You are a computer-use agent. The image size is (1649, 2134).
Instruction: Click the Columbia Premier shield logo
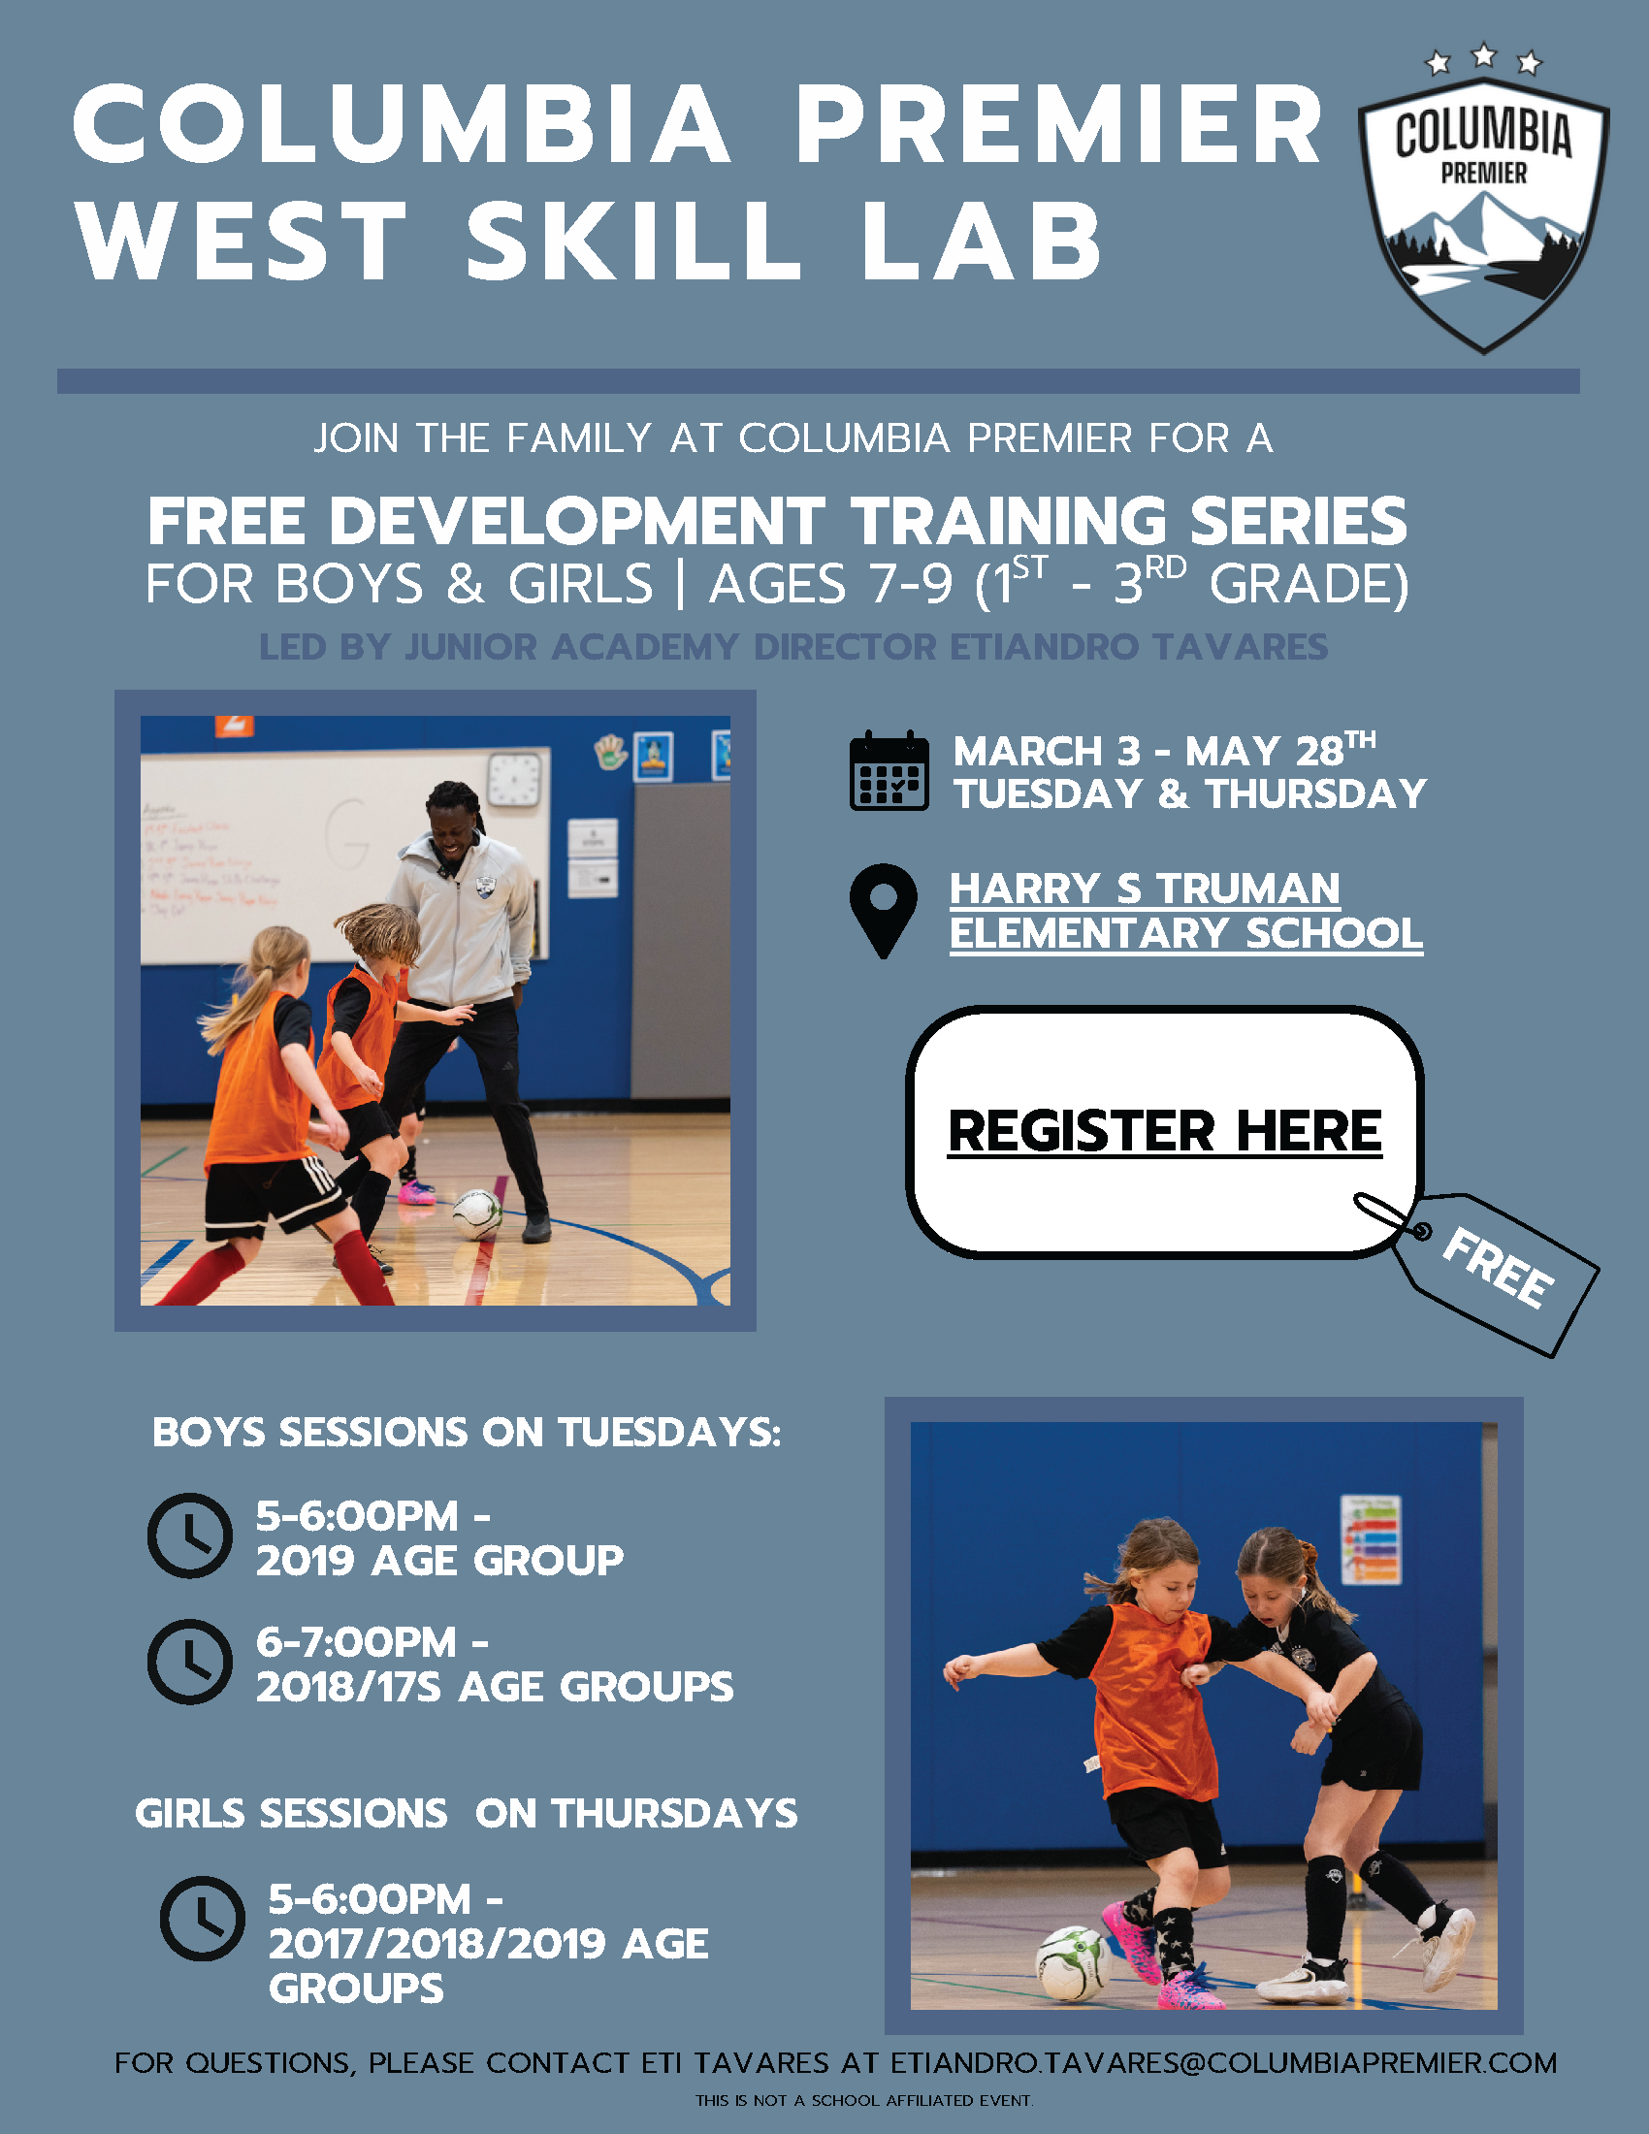[x=1483, y=215]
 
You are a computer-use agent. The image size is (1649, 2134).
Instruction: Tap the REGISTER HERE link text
[x=1164, y=1130]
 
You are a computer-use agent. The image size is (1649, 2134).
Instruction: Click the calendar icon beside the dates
[x=888, y=770]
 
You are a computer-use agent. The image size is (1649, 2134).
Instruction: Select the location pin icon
[x=883, y=911]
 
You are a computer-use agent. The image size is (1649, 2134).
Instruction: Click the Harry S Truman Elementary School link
[x=1186, y=911]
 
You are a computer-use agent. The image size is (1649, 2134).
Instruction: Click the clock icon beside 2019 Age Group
[x=189, y=1536]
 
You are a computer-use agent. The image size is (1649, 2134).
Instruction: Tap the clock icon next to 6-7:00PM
[x=189, y=1662]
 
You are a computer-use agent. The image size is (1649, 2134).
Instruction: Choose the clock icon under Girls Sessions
[x=202, y=1919]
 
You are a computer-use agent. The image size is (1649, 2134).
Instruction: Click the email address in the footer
[x=1223, y=2062]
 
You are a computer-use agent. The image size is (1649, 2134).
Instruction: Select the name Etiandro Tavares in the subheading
[x=1138, y=646]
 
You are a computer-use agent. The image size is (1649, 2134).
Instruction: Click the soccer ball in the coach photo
[x=477, y=1213]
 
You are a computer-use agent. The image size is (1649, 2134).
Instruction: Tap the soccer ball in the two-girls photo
[x=1073, y=1962]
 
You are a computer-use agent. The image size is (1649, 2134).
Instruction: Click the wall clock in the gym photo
[x=513, y=780]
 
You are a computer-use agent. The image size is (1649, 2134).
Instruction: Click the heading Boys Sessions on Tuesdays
[x=467, y=1433]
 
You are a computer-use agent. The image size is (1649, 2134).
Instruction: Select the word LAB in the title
[x=981, y=240]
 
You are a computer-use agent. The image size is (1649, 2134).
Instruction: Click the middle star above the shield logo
[x=1484, y=54]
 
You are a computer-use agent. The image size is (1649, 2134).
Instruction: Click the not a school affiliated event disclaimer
[x=863, y=2100]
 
